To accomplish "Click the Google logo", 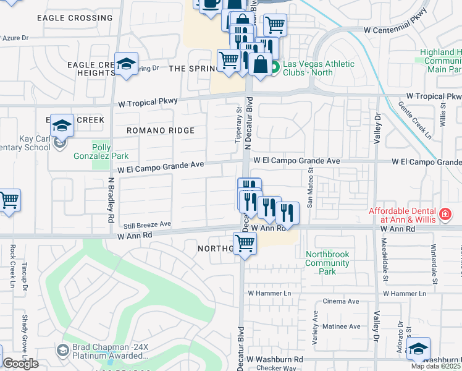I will (x=20, y=364).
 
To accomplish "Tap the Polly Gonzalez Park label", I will (x=110, y=152).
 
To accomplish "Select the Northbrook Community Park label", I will (x=327, y=263).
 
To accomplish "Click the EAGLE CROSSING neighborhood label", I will (x=74, y=18).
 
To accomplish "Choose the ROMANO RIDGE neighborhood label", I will (x=161, y=130).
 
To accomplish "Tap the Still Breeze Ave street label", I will (x=148, y=224).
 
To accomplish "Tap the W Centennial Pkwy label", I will (x=395, y=29).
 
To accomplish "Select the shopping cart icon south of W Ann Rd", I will (x=245, y=244).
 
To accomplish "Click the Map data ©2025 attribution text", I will (x=436, y=366).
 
